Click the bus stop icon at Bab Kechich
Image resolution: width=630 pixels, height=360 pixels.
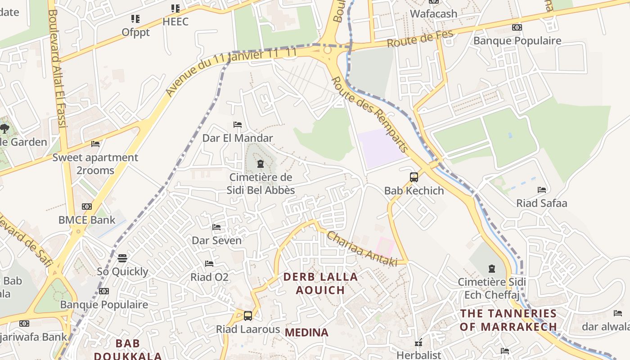click(x=414, y=177)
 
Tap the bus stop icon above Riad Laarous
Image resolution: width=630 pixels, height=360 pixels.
click(x=247, y=315)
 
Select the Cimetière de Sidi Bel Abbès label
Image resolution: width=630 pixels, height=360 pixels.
click(x=261, y=184)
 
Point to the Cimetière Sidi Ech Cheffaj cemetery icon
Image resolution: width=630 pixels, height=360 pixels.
click(x=491, y=269)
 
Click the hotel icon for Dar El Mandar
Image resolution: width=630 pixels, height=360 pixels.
click(x=238, y=125)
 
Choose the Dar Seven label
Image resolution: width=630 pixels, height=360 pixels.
click(x=216, y=240)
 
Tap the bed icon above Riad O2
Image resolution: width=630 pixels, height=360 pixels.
click(x=209, y=263)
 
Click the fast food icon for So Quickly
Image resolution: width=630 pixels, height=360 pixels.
click(x=122, y=258)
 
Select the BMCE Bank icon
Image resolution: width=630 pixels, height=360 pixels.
click(x=86, y=207)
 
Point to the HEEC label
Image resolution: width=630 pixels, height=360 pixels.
click(x=175, y=22)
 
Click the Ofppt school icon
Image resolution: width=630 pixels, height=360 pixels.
click(x=135, y=19)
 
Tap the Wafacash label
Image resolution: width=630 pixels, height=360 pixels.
click(x=433, y=13)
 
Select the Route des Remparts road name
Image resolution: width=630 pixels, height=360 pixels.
click(x=369, y=114)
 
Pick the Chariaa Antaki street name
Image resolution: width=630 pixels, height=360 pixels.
click(x=362, y=248)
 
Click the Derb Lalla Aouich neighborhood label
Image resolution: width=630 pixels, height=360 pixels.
click(x=320, y=283)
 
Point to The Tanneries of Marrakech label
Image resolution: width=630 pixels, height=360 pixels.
click(x=508, y=319)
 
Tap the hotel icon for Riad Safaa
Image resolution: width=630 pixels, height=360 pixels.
click(x=542, y=190)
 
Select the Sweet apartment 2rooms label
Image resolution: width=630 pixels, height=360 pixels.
click(x=95, y=164)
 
